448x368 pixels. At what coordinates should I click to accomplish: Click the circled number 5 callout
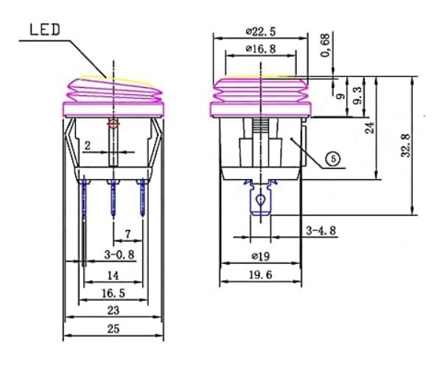[x=336, y=158]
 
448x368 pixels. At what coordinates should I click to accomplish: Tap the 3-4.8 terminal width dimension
[x=321, y=231]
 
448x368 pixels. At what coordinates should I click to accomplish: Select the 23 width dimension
[x=113, y=310]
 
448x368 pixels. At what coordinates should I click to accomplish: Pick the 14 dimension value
[x=113, y=274]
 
